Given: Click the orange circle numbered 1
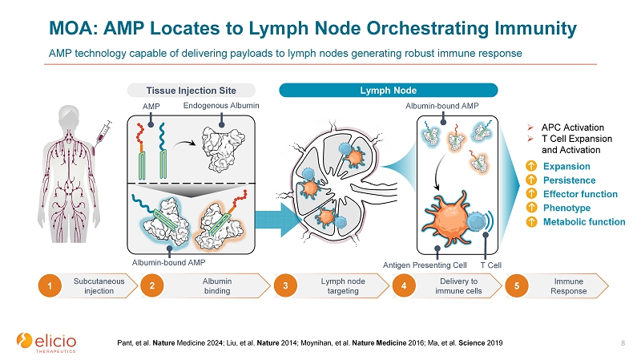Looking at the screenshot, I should (49, 285).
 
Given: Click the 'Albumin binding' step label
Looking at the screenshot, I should (216, 285).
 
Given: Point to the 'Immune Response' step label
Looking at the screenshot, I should (570, 285).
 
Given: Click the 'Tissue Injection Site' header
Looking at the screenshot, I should (191, 90).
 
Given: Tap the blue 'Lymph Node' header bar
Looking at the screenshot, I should (388, 90).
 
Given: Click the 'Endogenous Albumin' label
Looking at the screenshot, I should (222, 105).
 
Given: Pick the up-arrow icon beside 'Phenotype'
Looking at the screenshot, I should (531, 208).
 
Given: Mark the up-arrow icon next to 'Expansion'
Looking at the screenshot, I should (531, 166).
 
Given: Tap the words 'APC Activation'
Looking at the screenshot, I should (573, 127).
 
